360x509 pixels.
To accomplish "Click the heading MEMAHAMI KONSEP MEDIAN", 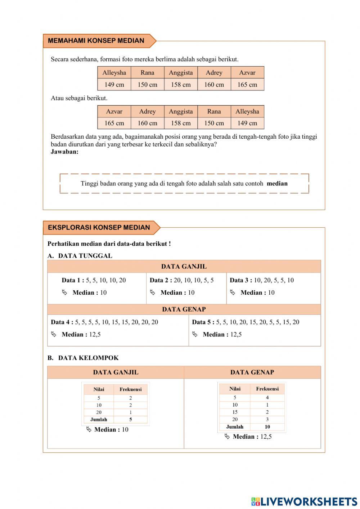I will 96,41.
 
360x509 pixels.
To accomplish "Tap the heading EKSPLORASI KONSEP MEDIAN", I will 99,227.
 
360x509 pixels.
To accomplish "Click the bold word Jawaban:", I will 64,152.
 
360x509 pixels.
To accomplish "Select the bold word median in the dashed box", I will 277,183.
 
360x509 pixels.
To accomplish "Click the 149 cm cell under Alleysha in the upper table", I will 114,85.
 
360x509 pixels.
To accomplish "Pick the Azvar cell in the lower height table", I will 114,111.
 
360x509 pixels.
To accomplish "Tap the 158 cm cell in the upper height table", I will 181,85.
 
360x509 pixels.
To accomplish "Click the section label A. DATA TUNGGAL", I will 80,256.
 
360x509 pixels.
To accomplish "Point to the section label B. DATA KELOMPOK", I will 83,358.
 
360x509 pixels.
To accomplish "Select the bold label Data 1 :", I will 73,280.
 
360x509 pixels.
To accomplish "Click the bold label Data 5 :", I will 203,322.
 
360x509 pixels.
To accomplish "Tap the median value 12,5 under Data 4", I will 95,334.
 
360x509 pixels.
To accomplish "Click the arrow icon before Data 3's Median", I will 233,293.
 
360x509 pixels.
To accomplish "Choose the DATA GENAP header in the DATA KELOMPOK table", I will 252,372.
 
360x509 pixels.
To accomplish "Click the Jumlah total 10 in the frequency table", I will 267,427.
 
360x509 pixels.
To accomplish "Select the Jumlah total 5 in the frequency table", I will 130,420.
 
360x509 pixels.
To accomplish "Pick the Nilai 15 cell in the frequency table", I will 235,412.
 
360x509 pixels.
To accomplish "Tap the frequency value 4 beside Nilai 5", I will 267,397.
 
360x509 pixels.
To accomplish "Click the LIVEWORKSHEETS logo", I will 304,501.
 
